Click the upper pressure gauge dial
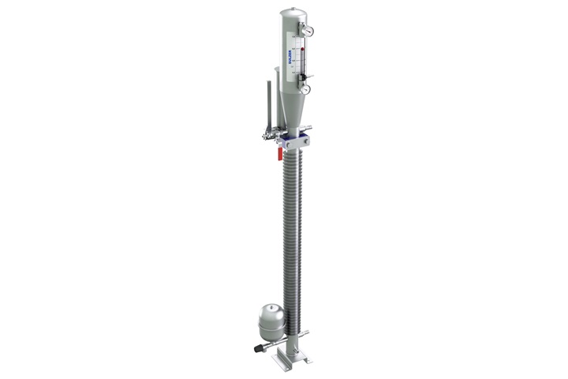point(308,31)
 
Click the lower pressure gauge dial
point(305,89)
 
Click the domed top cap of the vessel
point(291,13)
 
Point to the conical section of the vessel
point(291,114)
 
